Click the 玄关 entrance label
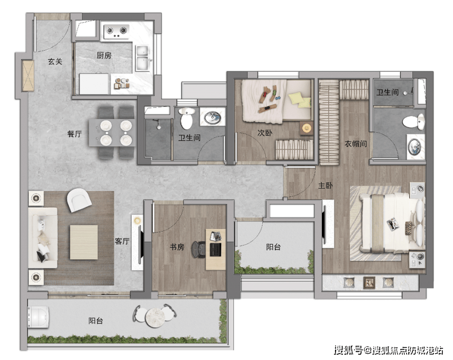55,62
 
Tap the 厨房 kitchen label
104,55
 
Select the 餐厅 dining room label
75,134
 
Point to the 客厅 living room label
122,241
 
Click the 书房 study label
177,247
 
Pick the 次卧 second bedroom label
264,133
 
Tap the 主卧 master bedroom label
326,185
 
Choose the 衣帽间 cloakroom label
356,144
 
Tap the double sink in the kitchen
142,58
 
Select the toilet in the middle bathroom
186,118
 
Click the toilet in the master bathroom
413,122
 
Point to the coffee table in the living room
84,242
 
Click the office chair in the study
199,249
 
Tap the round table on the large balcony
155,317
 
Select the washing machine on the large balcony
38,317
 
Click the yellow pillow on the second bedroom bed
300,100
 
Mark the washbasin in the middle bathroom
212,117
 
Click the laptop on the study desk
215,249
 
